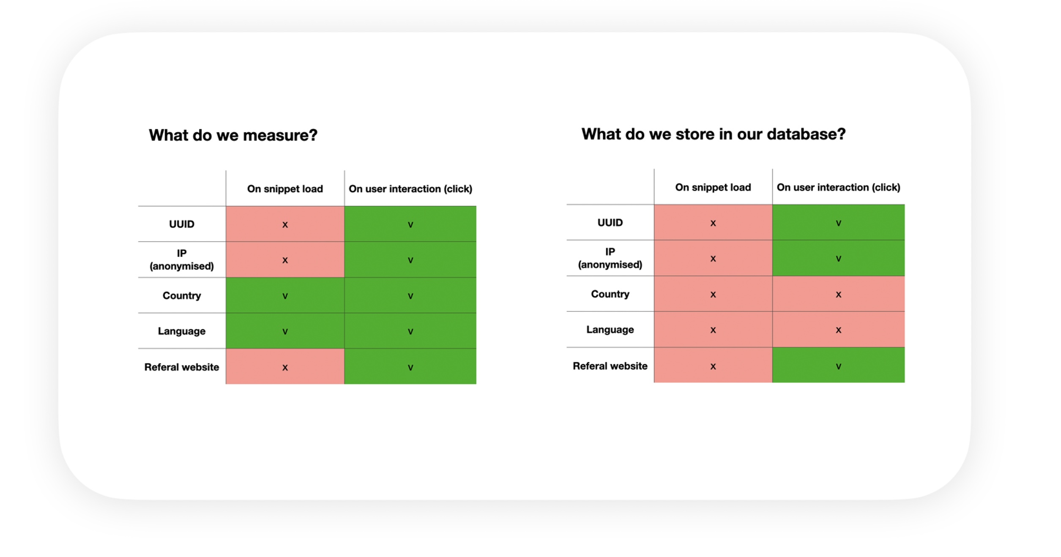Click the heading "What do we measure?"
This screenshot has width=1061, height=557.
(x=233, y=135)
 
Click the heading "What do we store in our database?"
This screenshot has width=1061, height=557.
(x=714, y=134)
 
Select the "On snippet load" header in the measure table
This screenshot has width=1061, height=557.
(x=285, y=189)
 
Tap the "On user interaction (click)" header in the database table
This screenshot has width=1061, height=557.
(x=839, y=187)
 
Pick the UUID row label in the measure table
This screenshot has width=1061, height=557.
(x=182, y=224)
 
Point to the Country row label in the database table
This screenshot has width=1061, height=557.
(x=610, y=294)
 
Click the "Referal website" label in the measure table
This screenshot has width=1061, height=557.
(x=182, y=367)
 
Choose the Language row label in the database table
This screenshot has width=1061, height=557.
(x=610, y=330)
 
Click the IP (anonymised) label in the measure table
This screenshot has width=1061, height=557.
(x=182, y=259)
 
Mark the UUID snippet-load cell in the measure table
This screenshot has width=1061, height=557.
(x=285, y=224)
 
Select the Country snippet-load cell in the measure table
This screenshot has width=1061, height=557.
(x=285, y=295)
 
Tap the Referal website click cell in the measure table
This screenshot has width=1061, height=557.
(x=410, y=366)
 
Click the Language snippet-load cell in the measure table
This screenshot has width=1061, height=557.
(x=285, y=331)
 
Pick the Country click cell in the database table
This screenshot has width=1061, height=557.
(x=839, y=294)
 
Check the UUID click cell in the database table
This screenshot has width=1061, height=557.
(x=839, y=222)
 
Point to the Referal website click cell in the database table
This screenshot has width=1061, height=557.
(x=839, y=365)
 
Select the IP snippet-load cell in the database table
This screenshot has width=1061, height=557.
(x=713, y=258)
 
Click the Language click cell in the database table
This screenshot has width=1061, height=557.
(x=839, y=330)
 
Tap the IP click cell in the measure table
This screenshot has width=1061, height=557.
(x=410, y=259)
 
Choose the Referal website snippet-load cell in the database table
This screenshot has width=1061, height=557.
(x=713, y=365)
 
